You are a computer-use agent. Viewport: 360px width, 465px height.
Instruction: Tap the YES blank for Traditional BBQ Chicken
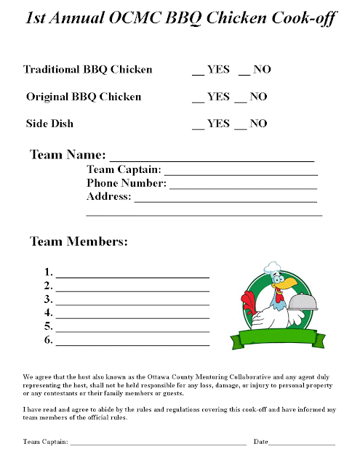click(x=197, y=73)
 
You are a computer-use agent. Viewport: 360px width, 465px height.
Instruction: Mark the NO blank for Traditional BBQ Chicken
click(x=244, y=73)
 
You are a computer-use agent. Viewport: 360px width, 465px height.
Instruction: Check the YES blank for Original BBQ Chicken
click(x=197, y=100)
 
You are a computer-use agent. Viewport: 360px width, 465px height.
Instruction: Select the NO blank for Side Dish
click(x=240, y=126)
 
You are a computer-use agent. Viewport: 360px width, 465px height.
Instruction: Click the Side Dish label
click(x=49, y=124)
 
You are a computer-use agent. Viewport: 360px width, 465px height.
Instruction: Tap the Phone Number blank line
click(x=244, y=187)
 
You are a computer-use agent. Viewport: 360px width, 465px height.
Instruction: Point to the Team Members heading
click(x=79, y=241)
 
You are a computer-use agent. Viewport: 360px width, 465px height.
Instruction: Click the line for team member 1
click(x=132, y=277)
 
